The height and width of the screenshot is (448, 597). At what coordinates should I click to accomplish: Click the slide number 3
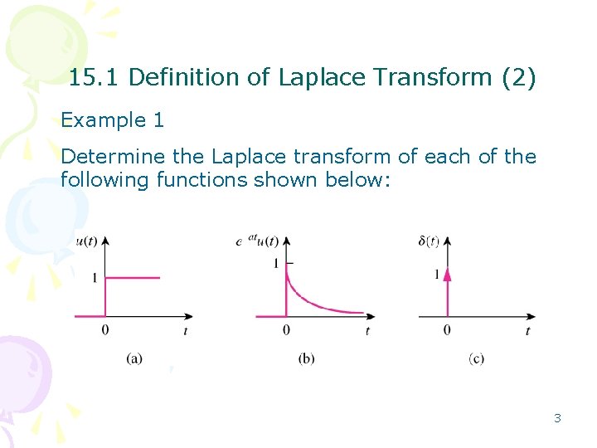[557, 418]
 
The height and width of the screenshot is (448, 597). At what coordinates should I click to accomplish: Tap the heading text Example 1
[113, 120]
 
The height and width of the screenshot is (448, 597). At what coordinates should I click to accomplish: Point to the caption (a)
[134, 358]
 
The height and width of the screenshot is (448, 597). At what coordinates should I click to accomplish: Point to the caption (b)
[306, 358]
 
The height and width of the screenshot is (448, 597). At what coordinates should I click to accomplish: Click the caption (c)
[476, 358]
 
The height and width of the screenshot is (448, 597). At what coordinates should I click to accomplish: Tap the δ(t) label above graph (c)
[430, 241]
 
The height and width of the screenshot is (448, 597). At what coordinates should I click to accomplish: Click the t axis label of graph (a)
[185, 331]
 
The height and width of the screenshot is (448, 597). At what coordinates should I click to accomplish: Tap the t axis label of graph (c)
[527, 331]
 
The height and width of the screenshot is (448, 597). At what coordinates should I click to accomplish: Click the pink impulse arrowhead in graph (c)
[447, 275]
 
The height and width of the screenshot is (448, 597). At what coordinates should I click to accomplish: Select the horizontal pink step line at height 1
[133, 278]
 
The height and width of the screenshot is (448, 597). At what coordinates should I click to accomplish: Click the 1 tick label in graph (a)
[95, 278]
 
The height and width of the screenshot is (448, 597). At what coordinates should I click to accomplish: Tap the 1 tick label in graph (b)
[275, 264]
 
